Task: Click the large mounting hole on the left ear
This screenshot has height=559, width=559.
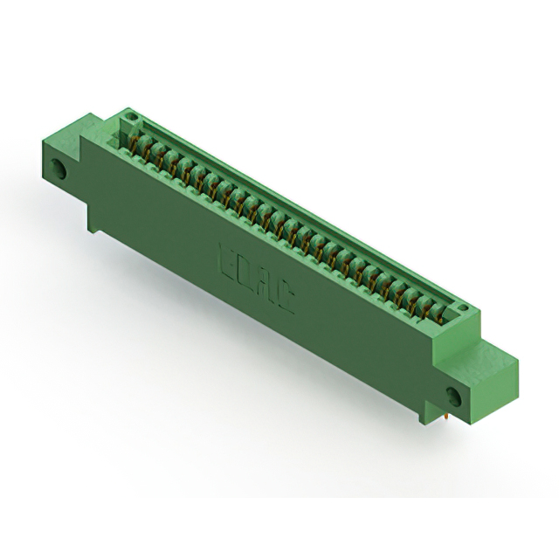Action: [x=60, y=169]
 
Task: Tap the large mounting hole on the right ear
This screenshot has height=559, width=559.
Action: [x=454, y=394]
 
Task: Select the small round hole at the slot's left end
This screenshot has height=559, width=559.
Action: [x=130, y=114]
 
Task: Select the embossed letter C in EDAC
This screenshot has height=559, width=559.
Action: [x=286, y=300]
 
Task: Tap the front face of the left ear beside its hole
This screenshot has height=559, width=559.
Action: [x=74, y=179]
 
